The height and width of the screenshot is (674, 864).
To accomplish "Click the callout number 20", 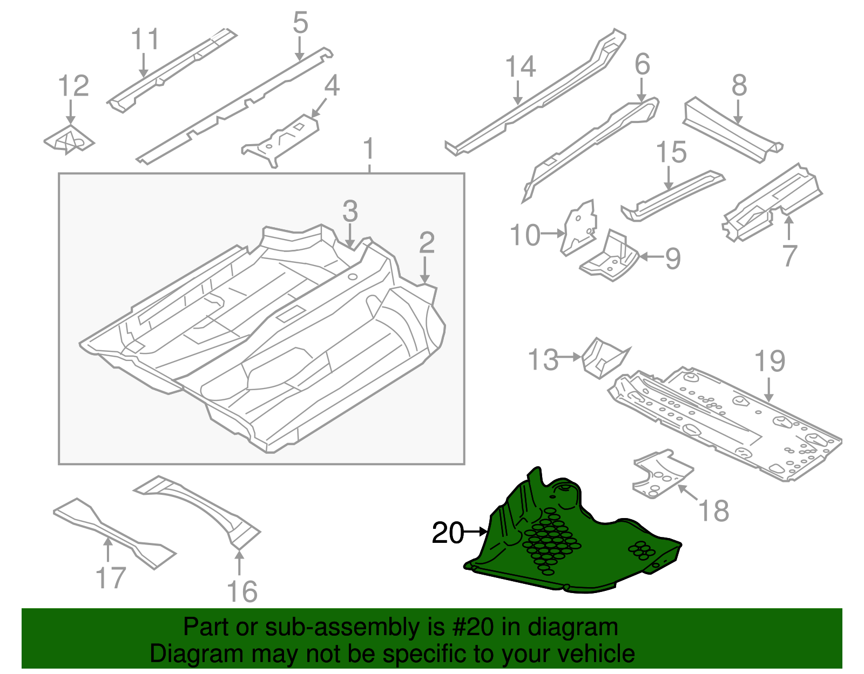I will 448,533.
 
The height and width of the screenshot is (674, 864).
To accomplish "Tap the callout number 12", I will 73,86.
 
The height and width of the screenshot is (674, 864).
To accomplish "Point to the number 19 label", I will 769,361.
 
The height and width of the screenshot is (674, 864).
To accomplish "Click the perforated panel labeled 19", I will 729,421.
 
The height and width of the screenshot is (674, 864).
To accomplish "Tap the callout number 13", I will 543,360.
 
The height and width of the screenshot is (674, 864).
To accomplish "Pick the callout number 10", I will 525,235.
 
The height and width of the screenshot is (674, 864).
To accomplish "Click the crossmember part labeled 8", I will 732,130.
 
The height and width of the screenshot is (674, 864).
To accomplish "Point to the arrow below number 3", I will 350,236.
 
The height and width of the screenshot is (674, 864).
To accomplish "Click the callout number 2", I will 427,243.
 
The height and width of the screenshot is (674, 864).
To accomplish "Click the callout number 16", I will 242,591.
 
